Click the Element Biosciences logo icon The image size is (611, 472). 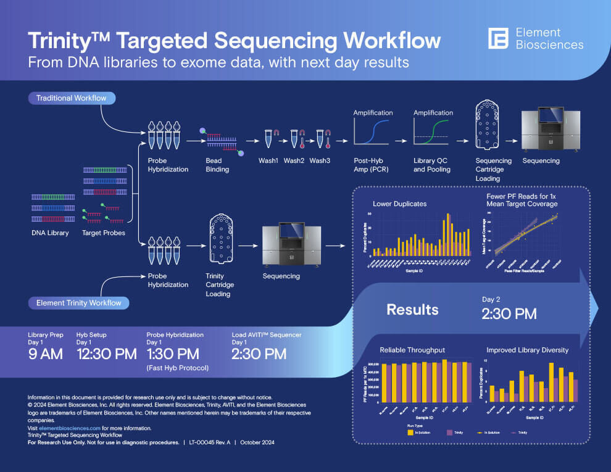[x=497, y=38]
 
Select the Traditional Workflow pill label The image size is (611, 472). [x=71, y=98]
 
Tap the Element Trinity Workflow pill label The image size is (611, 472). [x=79, y=303]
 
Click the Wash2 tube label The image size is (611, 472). [x=294, y=161]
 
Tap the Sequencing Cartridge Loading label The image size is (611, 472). [x=493, y=169]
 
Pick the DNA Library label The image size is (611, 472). [x=50, y=233]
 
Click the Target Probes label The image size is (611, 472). [x=104, y=233]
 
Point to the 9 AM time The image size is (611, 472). [x=46, y=354]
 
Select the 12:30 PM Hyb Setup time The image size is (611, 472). [x=106, y=354]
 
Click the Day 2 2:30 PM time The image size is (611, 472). [x=509, y=313]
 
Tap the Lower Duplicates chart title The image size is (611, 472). [x=399, y=204]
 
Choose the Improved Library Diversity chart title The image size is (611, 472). [x=527, y=350]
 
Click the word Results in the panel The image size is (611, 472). [x=412, y=309]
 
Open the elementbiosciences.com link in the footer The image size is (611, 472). [x=70, y=428]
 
